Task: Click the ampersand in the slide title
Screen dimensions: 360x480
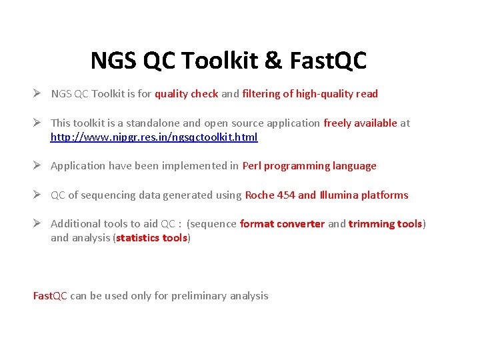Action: (273, 61)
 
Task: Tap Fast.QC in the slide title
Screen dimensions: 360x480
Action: (328, 61)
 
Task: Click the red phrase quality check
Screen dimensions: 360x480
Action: (186, 94)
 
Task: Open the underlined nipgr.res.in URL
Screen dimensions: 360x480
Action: (154, 137)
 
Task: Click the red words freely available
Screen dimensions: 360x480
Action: (360, 123)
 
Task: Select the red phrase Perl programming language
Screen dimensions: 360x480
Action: (309, 166)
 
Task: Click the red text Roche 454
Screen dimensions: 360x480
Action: (270, 195)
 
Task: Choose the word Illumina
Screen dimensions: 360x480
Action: (339, 195)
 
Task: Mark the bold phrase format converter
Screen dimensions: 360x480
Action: (282, 224)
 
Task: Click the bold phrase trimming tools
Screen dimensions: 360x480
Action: (385, 224)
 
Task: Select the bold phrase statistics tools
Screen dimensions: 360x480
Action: (151, 238)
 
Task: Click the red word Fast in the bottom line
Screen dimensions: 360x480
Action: (42, 295)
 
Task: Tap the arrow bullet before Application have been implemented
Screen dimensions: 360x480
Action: (39, 166)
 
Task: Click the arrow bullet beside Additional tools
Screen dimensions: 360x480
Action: (39, 224)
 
